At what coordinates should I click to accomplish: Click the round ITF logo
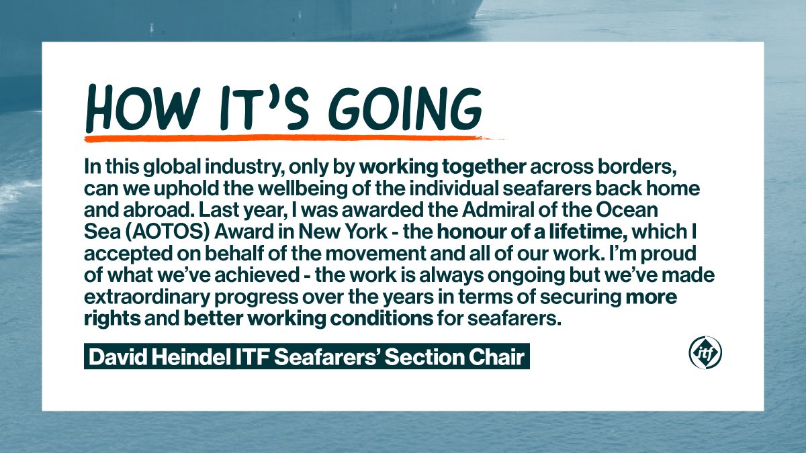[x=705, y=353]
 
